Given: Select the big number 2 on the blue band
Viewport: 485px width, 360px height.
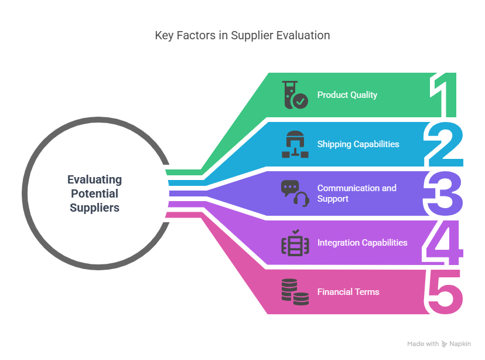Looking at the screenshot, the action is click(x=443, y=144).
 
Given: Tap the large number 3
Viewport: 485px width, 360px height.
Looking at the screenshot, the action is click(x=443, y=193).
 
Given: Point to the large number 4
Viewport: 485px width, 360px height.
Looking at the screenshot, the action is click(x=443, y=243).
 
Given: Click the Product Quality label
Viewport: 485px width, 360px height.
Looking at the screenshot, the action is click(x=347, y=95).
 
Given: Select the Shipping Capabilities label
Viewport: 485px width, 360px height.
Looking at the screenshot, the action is click(x=358, y=144).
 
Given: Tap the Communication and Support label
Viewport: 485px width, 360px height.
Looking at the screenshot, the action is click(x=357, y=193).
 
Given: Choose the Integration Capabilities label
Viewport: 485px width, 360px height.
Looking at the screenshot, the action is click(x=362, y=242).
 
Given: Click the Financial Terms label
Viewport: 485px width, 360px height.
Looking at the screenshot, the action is click(x=349, y=291).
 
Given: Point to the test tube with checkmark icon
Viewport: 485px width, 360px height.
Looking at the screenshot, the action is click(x=295, y=95).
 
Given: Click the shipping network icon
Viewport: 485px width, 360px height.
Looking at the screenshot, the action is click(x=295, y=144).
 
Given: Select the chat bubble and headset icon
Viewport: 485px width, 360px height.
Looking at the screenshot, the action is click(x=295, y=193).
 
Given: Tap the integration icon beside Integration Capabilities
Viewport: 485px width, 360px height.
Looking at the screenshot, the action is click(x=295, y=243).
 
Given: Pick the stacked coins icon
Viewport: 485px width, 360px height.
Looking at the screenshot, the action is click(x=295, y=292).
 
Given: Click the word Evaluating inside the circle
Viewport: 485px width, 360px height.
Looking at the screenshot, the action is click(x=95, y=180).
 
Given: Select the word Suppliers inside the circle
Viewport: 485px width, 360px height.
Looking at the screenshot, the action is click(x=95, y=208).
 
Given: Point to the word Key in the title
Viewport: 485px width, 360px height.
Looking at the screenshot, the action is click(x=164, y=36).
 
